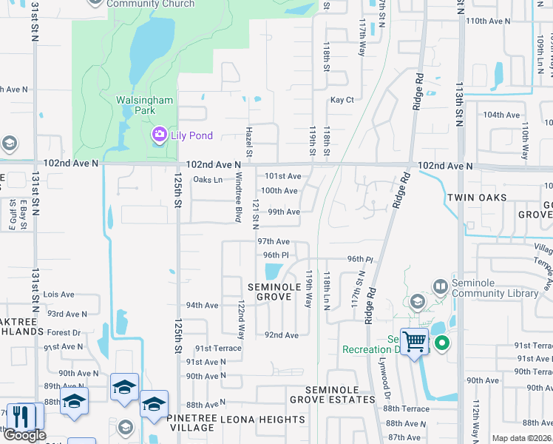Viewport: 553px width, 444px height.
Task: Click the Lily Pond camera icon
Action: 159,135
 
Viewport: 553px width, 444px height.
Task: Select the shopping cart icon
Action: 414,342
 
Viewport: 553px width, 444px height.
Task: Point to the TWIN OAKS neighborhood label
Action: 476,198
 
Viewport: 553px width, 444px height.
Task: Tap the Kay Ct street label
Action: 342,100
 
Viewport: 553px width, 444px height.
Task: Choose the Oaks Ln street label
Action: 207,180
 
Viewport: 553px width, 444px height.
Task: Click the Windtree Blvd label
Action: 239,198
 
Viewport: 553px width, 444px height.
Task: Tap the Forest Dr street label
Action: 65,333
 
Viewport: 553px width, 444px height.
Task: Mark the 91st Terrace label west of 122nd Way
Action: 218,348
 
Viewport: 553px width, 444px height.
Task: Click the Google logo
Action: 24,435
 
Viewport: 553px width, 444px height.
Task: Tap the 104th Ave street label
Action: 502,115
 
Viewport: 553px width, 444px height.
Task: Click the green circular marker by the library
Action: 442,343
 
